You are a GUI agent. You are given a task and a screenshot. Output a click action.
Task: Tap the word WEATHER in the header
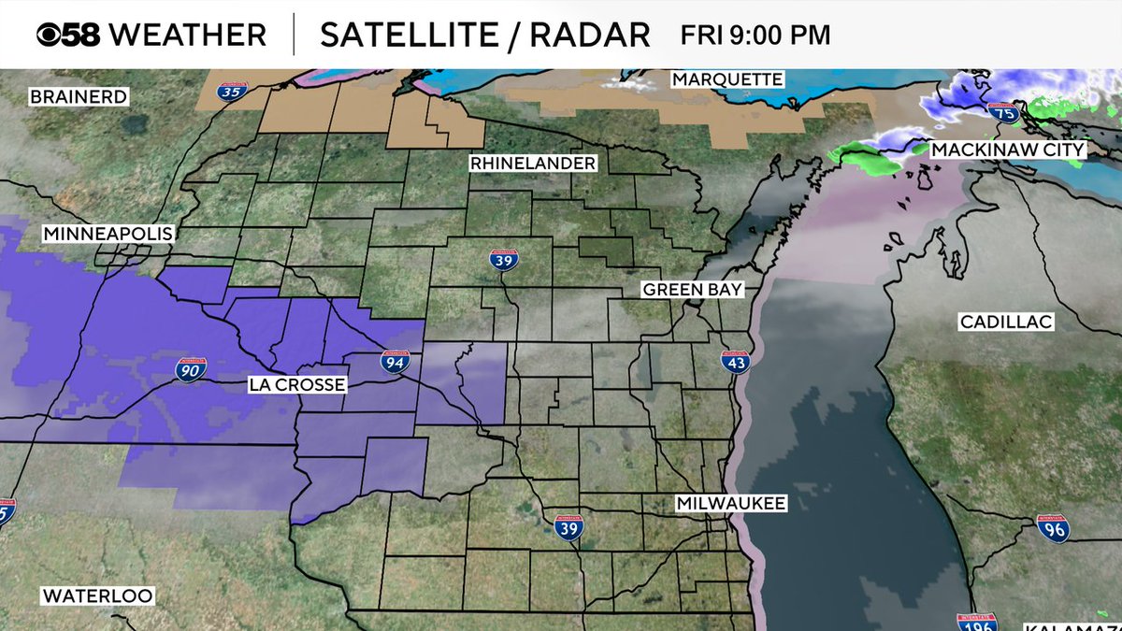(188, 35)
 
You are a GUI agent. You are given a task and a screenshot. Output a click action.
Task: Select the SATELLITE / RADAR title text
(484, 35)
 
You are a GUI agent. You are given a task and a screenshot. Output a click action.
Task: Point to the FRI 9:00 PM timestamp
(755, 36)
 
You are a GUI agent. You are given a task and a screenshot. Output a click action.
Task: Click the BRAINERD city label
(79, 96)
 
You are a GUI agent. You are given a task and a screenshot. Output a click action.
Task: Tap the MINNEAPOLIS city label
(108, 234)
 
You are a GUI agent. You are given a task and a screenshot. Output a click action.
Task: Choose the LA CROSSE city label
(297, 385)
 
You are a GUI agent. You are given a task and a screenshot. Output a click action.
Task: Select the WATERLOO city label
(97, 595)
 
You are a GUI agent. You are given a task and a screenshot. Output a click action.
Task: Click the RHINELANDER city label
(533, 164)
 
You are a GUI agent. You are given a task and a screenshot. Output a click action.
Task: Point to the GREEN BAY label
(692, 290)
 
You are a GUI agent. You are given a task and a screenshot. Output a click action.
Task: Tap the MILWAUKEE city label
(731, 504)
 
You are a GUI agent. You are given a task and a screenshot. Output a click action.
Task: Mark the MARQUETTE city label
(726, 79)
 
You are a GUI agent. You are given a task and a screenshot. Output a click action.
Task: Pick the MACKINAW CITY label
(1007, 150)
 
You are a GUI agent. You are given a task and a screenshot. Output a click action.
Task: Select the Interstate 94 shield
(392, 361)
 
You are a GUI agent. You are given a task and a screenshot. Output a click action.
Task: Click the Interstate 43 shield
(736, 361)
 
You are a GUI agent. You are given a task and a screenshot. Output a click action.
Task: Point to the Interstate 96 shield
(1053, 527)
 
